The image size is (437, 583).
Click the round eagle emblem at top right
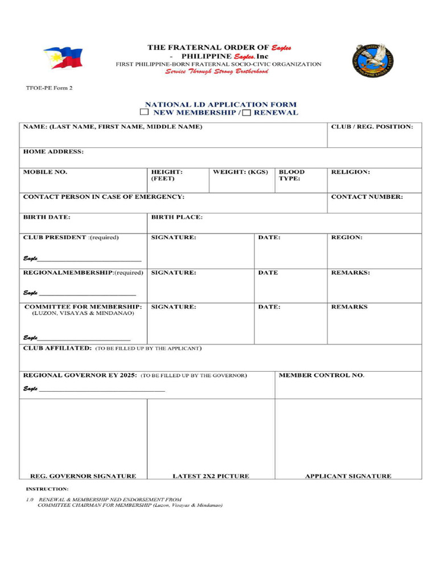[374, 60]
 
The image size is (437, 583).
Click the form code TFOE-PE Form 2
[49, 88]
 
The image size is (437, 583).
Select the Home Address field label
[53, 151]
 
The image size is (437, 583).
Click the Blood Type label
[291, 175]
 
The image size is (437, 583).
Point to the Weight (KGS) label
[240, 171]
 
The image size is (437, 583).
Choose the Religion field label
[351, 171]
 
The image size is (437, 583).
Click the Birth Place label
[176, 217]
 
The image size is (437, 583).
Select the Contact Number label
[367, 196]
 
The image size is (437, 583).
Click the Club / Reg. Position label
[372, 126]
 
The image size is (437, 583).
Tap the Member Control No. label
[321, 375]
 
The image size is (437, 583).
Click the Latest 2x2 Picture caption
[211, 476]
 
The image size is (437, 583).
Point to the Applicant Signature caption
[348, 476]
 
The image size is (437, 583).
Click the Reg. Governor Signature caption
[83, 476]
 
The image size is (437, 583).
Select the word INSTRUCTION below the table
[47, 489]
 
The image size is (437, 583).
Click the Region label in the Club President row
[347, 237]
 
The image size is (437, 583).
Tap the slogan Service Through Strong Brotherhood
[217, 72]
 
